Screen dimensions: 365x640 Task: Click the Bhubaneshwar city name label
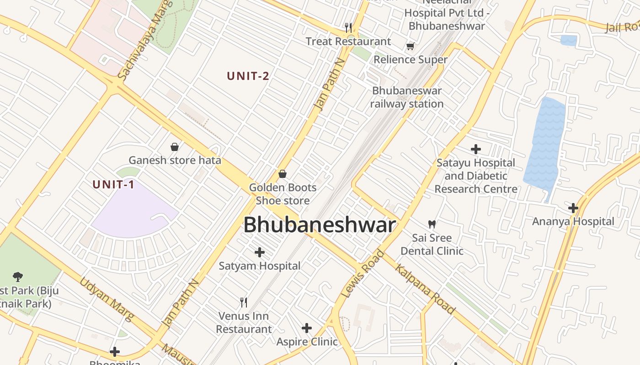[319, 225]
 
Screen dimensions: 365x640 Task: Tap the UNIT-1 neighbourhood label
[113, 185]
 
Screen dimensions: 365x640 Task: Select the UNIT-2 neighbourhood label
[248, 76]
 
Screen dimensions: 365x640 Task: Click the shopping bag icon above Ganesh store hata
[175, 147]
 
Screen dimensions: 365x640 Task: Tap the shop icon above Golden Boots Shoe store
[283, 174]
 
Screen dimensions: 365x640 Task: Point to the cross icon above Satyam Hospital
[260, 252]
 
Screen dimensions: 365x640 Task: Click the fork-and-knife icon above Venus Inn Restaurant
[244, 302]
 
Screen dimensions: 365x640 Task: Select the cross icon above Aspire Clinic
[307, 328]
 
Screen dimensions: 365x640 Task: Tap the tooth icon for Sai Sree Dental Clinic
[432, 224]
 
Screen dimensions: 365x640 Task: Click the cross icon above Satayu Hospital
[476, 149]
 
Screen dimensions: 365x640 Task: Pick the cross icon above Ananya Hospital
[573, 208]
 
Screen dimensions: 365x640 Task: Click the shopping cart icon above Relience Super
[410, 46]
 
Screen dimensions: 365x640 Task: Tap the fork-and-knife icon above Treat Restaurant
[348, 27]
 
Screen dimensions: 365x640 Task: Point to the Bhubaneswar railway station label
[406, 97]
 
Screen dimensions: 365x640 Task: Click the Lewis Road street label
[363, 274]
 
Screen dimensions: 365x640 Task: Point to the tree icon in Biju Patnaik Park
[18, 276]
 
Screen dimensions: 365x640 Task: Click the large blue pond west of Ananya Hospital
[545, 146]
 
